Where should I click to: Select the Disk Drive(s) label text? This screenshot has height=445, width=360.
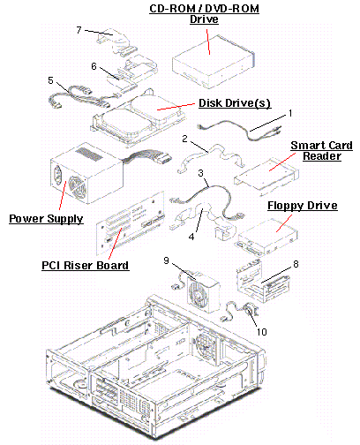[234, 103]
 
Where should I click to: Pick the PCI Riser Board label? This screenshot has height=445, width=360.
[85, 265]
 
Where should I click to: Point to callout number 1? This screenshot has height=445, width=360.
[290, 114]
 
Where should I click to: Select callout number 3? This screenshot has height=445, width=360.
[201, 174]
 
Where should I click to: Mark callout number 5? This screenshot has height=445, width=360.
[51, 80]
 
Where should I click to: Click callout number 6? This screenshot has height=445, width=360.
[94, 66]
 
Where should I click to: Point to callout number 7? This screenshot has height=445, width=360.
[79, 31]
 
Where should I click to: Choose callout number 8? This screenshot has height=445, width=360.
[295, 263]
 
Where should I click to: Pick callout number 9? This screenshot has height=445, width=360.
[166, 260]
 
